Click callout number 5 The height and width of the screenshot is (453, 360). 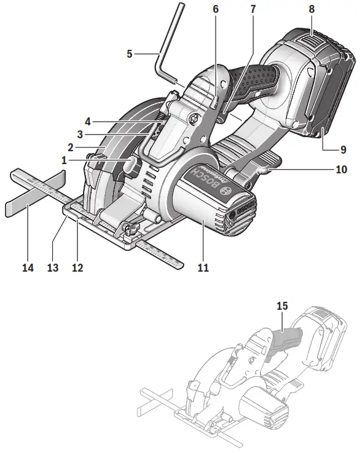point(130,54)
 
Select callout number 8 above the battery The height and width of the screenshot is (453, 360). point(312,10)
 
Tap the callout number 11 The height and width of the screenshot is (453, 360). point(203,268)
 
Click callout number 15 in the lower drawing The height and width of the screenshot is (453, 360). point(282,305)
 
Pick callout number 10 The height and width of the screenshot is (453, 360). point(342,168)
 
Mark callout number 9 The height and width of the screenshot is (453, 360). point(343,149)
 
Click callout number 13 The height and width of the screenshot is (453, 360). point(52,268)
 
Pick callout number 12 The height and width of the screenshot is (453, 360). point(77,268)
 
